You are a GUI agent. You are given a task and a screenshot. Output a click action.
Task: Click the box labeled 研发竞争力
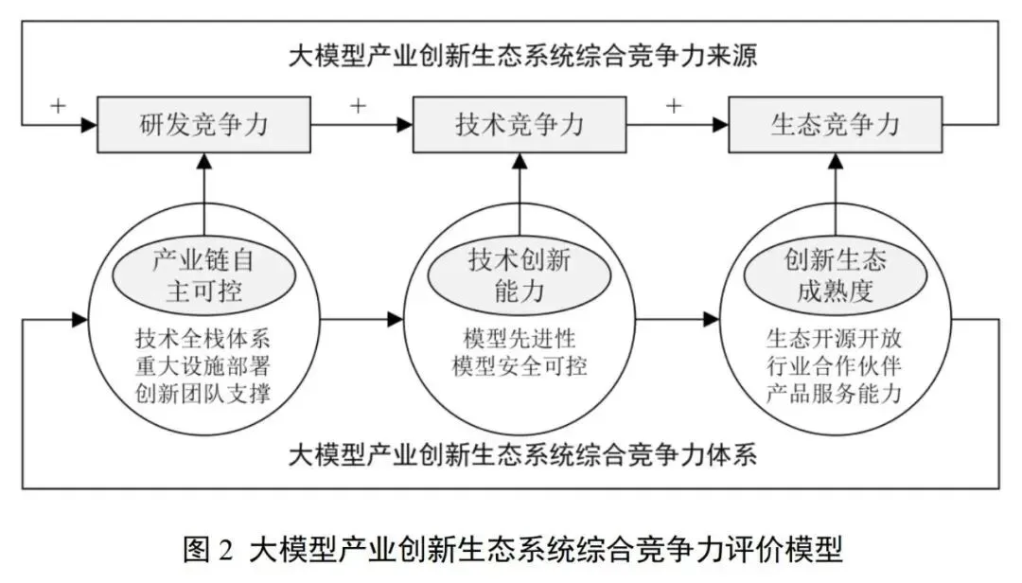pyautogui.click(x=204, y=124)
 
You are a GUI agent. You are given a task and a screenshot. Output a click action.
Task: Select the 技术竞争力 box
pyautogui.click(x=520, y=124)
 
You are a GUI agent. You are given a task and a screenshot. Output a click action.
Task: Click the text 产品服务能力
pyautogui.click(x=834, y=394)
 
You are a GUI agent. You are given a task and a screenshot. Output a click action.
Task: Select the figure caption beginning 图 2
pyautogui.click(x=512, y=550)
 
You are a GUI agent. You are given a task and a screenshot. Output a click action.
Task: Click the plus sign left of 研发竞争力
pyautogui.click(x=58, y=105)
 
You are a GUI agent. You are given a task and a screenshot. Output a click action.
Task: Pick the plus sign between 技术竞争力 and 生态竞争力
pyautogui.click(x=673, y=105)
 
